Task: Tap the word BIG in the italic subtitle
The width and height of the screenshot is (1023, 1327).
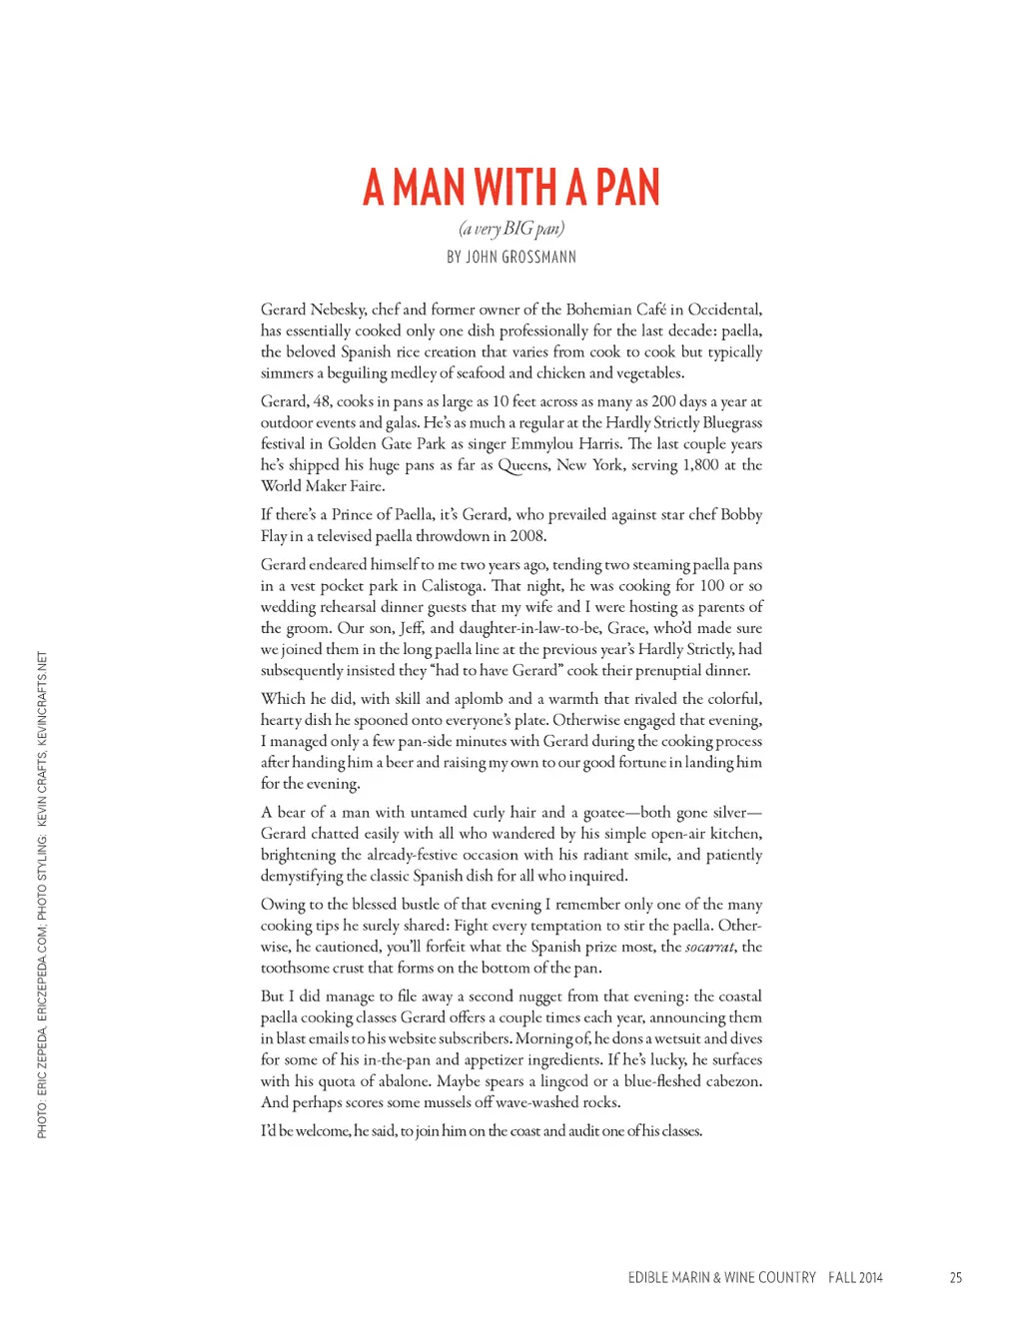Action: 517,229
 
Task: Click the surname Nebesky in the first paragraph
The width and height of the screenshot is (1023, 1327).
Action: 338,310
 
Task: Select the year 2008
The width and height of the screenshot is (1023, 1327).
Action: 526,536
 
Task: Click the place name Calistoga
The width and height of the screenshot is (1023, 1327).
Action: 453,586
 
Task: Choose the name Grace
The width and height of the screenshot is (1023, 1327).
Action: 626,628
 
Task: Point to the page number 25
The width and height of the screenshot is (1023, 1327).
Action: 956,1278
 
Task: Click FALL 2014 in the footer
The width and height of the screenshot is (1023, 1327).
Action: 855,1278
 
